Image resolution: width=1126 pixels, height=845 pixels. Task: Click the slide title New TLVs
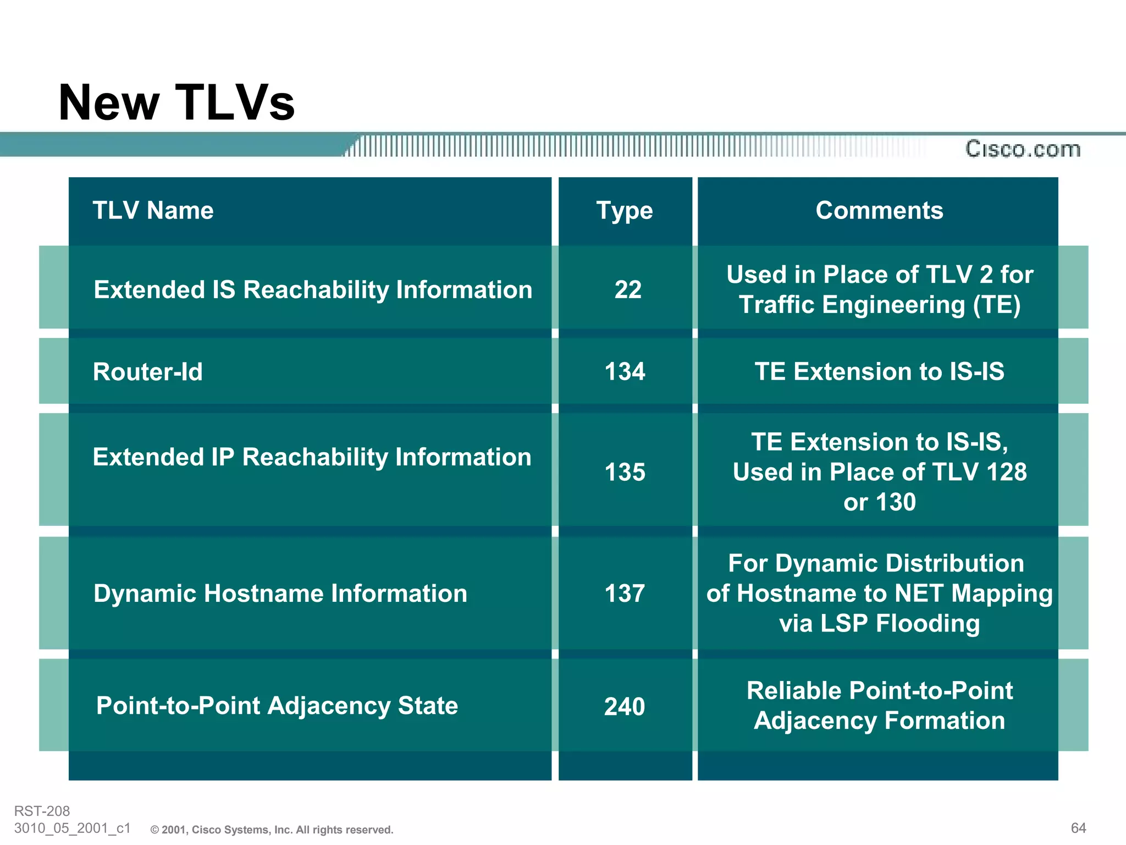[x=176, y=103]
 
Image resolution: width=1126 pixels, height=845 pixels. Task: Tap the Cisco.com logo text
[x=1023, y=149]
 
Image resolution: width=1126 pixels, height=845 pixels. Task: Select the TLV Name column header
[x=153, y=210]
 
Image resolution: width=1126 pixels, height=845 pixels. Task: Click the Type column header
[x=625, y=211]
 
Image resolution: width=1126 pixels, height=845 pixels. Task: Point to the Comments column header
[x=879, y=210]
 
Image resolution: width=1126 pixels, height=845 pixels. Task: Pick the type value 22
[x=627, y=289]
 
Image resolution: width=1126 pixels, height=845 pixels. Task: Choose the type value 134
[x=625, y=371]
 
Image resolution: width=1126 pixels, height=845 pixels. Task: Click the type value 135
[x=625, y=472]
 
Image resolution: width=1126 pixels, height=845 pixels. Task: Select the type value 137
[x=625, y=594]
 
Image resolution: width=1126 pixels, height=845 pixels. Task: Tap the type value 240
[x=625, y=706]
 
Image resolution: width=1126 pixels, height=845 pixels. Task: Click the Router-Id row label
[x=147, y=372]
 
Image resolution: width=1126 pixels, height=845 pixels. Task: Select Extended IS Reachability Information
[x=312, y=290]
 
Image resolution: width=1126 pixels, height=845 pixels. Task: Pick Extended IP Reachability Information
[x=312, y=457]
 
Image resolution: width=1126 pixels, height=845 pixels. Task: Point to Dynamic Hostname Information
[x=280, y=594]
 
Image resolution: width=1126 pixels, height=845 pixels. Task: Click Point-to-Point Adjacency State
[x=277, y=706]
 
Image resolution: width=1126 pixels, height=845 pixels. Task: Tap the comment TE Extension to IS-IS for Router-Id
[x=879, y=371]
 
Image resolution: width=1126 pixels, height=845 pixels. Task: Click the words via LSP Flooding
[x=879, y=623]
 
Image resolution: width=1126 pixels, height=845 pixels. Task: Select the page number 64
[x=1078, y=828]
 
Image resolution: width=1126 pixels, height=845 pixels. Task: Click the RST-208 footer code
[x=42, y=811]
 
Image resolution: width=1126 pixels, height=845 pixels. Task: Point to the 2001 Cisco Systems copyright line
[x=272, y=830]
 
